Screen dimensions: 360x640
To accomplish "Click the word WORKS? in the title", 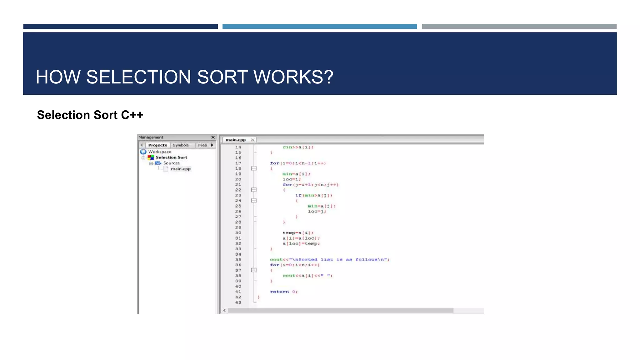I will (293, 77).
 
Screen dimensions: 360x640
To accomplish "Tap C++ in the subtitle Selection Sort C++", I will (132, 115).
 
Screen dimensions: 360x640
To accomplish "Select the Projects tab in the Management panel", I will (157, 145).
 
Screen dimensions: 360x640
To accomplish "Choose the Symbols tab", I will (181, 145).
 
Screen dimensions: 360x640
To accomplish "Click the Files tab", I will (202, 145).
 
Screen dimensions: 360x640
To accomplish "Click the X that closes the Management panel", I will (213, 137).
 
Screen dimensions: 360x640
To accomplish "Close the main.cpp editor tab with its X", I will (252, 140).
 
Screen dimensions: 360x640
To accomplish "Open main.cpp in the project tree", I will (180, 169).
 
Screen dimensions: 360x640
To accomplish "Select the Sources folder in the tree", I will (171, 163).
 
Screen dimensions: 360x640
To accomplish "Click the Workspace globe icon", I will (143, 152).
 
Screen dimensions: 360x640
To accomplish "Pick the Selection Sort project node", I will (171, 157).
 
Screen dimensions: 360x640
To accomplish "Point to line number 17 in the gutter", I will (238, 163).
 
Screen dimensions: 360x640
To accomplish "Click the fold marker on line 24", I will (254, 201).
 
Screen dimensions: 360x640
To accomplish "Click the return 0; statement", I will (284, 292).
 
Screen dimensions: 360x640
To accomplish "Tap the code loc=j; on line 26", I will (317, 212).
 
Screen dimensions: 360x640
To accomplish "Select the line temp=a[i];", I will (298, 233).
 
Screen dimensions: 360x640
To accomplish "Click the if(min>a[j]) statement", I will (313, 195).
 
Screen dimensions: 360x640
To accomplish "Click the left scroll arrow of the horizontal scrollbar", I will (224, 310).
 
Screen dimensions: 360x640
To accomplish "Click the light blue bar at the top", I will (319, 27).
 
